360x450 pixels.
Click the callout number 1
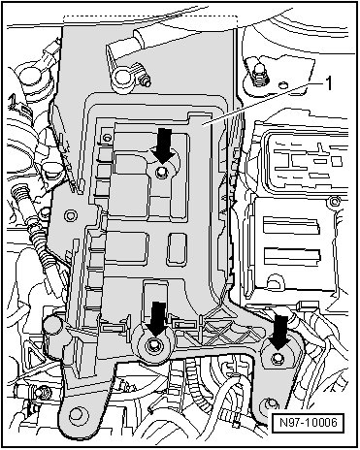tap(328, 83)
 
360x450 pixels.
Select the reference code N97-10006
tap(309, 422)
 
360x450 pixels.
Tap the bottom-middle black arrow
tap(157, 319)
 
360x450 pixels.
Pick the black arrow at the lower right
tap(278, 333)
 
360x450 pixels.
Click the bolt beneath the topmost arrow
tap(161, 172)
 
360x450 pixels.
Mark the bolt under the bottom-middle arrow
tap(152, 347)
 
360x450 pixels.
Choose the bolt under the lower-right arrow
tap(277, 358)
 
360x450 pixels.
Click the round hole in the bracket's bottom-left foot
tap(76, 414)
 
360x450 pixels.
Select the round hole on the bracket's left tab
tap(69, 215)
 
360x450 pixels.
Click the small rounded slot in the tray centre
tap(178, 248)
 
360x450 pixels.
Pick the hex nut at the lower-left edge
tap(43, 392)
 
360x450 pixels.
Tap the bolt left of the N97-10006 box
tap(270, 403)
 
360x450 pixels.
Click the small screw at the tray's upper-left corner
tap(106, 138)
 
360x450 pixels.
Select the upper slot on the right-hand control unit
tap(291, 225)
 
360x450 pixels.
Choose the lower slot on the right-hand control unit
tap(292, 256)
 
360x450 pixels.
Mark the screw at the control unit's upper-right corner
tap(334, 201)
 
